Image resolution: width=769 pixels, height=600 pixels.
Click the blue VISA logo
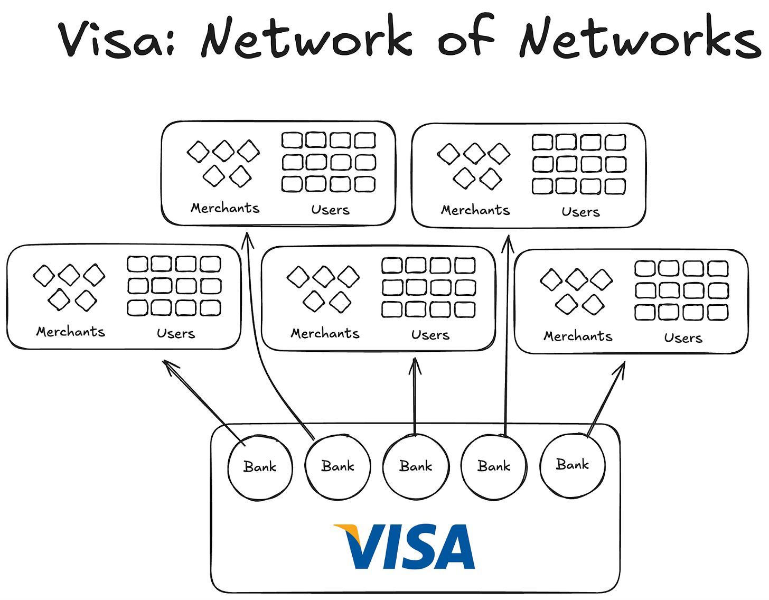pos(405,546)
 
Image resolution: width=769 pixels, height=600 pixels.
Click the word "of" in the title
pos(465,38)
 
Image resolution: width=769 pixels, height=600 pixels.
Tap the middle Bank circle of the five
pos(416,466)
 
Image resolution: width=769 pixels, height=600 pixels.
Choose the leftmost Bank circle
pos(260,467)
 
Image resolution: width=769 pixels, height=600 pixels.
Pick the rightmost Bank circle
pos(573,465)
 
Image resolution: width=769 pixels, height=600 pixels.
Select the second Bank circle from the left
pos(338,466)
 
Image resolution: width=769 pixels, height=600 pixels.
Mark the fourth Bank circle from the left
pos(494,466)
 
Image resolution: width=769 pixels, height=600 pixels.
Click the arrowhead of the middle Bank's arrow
pos(415,364)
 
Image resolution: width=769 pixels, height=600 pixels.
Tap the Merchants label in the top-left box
pos(225,208)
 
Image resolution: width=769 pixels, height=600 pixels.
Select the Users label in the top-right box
pos(580,212)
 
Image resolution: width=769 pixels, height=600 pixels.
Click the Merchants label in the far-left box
pos(71,332)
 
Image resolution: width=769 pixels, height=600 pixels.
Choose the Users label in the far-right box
pos(683,339)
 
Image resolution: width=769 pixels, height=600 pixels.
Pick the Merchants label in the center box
pos(325,334)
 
